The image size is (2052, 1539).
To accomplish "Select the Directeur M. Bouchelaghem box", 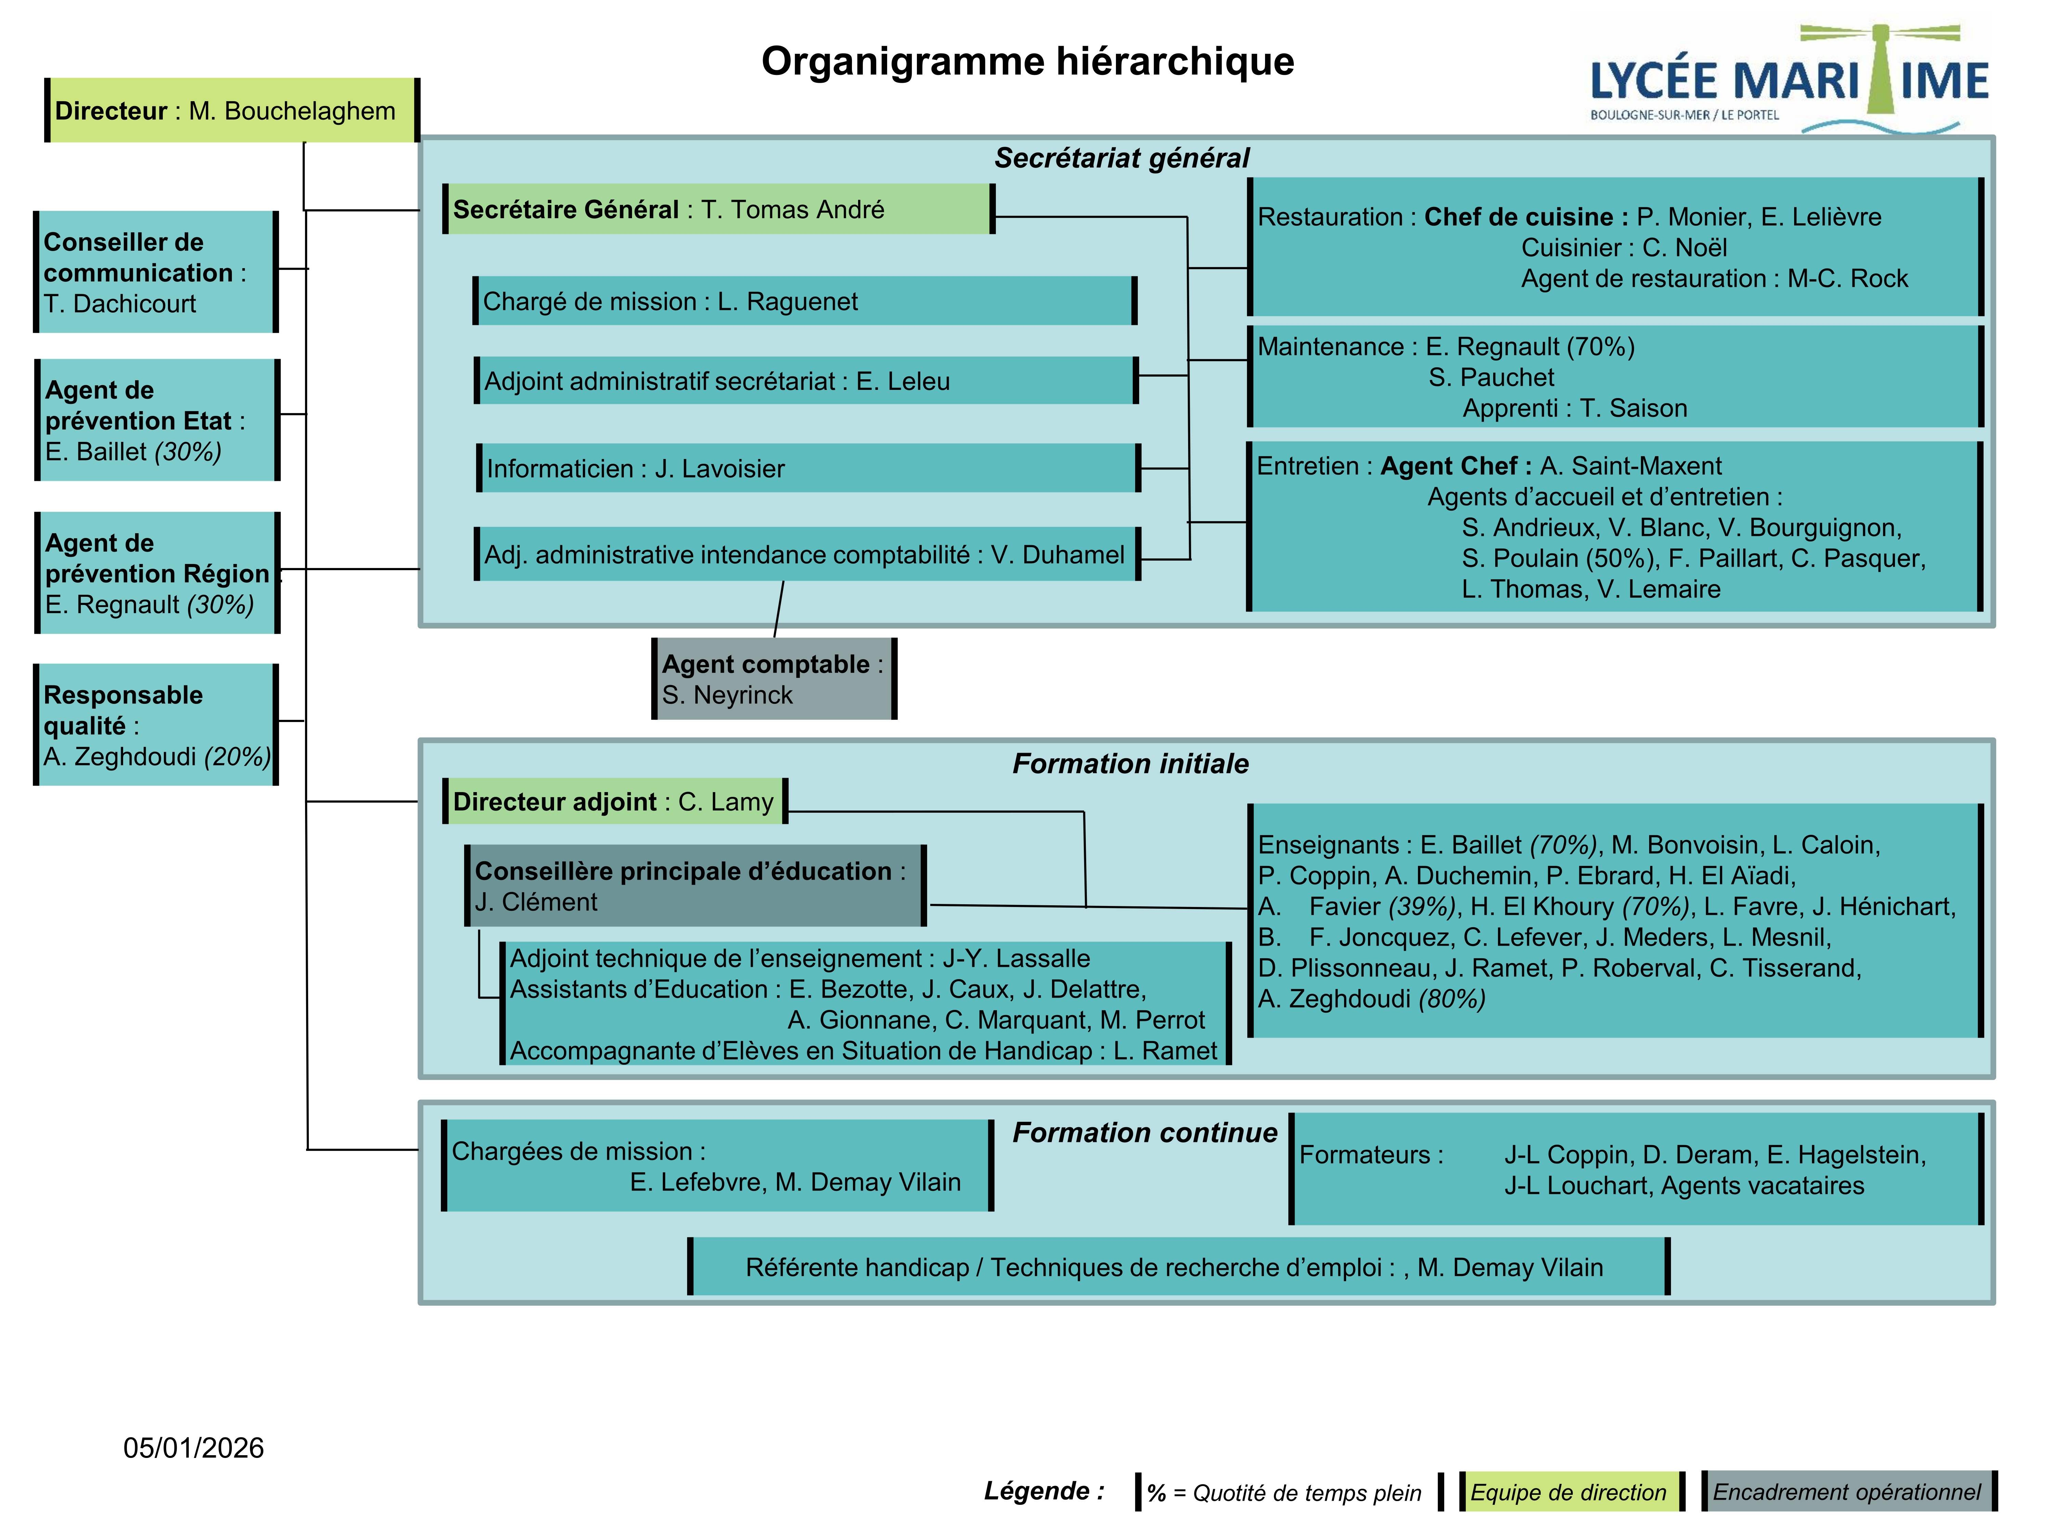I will [232, 110].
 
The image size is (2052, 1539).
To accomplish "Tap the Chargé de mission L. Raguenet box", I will [804, 302].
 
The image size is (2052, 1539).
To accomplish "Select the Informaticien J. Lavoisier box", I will [807, 469].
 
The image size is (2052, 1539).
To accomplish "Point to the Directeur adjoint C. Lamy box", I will [614, 802].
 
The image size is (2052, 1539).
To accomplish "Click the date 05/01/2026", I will [194, 1448].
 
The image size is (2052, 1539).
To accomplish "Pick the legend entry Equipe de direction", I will [1570, 1492].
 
